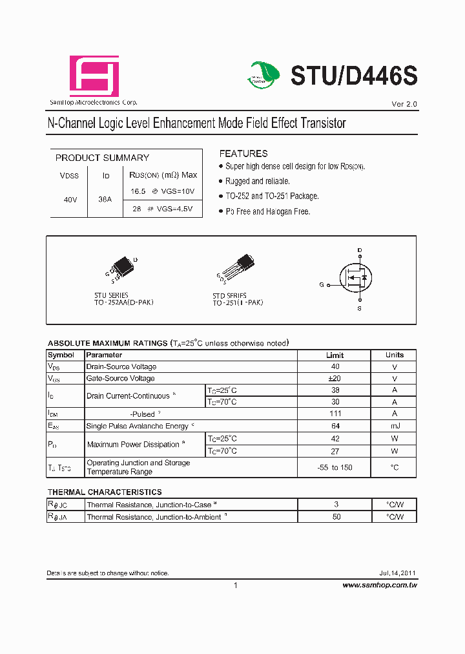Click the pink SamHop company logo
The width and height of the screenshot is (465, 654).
click(x=94, y=77)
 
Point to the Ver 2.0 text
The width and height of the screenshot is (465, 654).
click(x=404, y=104)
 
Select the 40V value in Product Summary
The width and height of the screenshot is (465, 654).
click(x=70, y=200)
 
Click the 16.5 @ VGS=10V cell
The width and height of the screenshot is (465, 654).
click(x=163, y=191)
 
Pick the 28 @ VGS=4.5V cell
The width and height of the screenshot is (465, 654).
click(x=163, y=209)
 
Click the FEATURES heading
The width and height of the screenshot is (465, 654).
click(x=243, y=154)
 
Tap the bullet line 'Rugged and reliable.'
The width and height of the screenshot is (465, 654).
click(x=257, y=182)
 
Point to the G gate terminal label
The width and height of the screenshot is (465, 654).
click(x=321, y=284)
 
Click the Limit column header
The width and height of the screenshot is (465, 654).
click(x=335, y=355)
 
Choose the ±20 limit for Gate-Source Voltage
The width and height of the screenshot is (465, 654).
click(x=335, y=378)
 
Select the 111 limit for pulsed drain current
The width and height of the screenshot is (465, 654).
click(x=335, y=414)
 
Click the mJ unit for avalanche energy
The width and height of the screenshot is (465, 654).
click(x=394, y=426)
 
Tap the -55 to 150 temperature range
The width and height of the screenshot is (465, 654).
click(x=335, y=467)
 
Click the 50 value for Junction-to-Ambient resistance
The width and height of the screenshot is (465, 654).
click(x=336, y=517)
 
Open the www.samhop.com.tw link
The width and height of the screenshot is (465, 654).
click(x=379, y=585)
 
